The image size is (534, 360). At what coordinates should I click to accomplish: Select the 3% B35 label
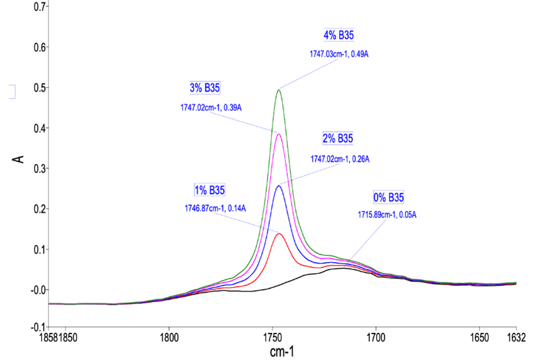[205, 88]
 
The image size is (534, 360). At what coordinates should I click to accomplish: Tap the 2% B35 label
[339, 137]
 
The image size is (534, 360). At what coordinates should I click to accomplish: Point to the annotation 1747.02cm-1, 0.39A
[207, 107]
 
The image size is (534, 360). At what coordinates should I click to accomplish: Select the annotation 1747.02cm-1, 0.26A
[339, 158]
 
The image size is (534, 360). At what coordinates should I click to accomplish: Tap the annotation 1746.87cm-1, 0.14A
[216, 208]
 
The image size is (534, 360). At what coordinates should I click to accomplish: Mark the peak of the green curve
[279, 90]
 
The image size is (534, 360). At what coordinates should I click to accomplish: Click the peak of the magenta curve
[279, 134]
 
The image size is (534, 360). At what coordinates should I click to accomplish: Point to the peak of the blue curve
[279, 186]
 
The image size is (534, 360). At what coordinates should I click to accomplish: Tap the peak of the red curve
[279, 234]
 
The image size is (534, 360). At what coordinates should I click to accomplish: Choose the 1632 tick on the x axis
[516, 337]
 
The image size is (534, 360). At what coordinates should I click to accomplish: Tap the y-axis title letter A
[19, 159]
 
